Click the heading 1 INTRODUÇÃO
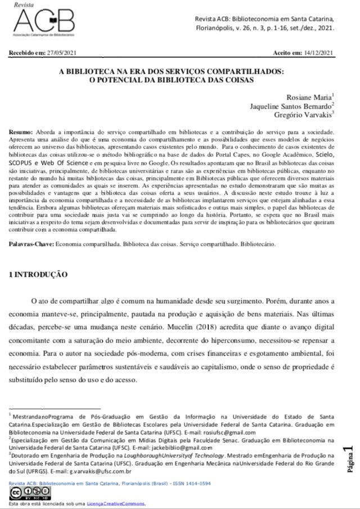pyautogui.click(x=39, y=275)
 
